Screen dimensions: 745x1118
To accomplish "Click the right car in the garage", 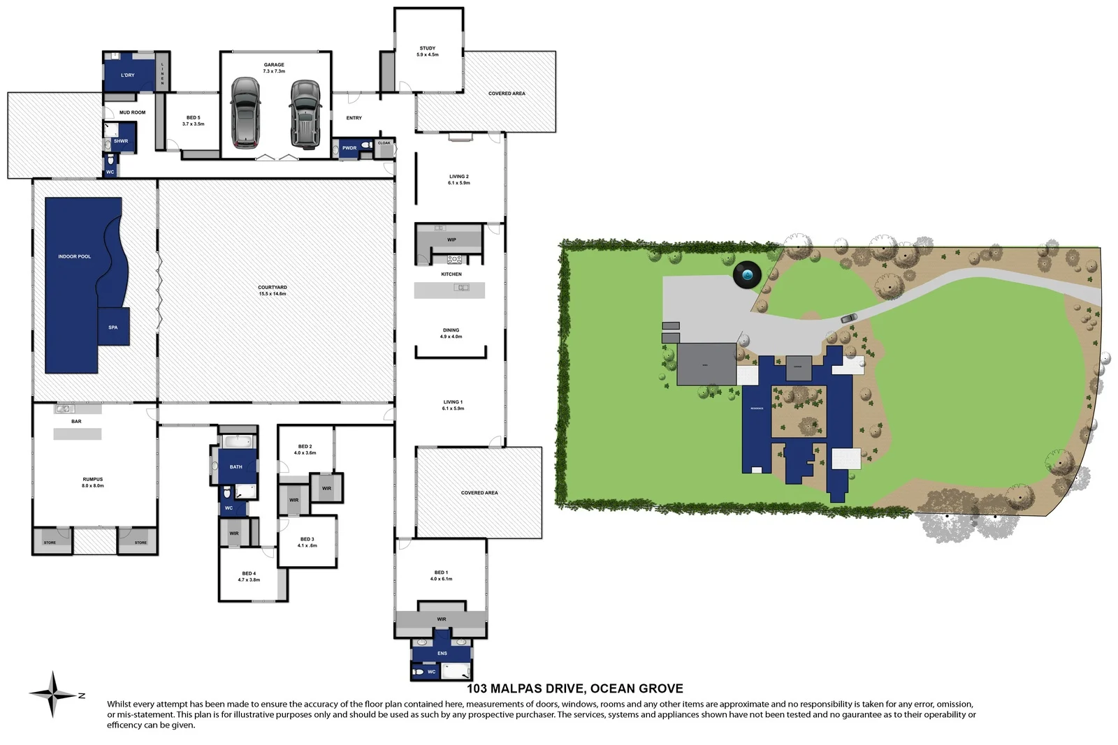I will coord(305,114).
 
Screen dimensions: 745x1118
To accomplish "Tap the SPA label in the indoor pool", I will coord(112,327).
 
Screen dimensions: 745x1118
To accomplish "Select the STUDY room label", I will coord(428,49).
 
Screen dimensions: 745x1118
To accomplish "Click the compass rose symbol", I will coord(54,694).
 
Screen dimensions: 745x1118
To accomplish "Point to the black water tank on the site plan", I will coord(747,275).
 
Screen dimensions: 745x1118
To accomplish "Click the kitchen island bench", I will coord(449,290).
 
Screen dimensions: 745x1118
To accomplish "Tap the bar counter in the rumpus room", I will coord(78,434).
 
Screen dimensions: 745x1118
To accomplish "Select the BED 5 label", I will coord(194,118).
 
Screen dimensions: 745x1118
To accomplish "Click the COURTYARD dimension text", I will coord(273,294).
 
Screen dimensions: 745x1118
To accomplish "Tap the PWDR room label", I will coord(349,148).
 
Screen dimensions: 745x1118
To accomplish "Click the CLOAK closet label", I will coord(384,143).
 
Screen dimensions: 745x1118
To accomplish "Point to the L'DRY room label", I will coord(127,75).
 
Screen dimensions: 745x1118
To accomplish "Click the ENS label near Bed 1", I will coord(442,654).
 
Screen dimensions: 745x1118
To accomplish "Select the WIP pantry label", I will coord(451,239).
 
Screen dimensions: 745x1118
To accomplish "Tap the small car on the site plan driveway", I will coord(848,318).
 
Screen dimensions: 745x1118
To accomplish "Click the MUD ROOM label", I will coord(132,112).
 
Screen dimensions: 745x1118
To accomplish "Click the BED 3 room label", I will coord(307,539).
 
